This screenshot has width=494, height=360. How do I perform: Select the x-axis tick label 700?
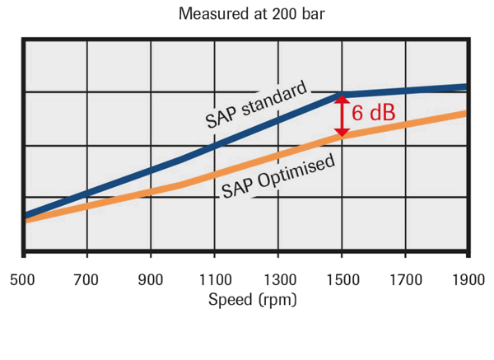(x=87, y=278)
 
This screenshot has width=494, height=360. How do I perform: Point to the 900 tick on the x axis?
(x=151, y=278)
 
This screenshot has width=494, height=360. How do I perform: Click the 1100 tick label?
(x=214, y=278)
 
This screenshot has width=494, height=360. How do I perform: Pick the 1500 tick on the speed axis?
(x=342, y=278)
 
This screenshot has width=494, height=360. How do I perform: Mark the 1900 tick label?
(x=468, y=278)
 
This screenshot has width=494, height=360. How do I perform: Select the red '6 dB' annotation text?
(x=373, y=114)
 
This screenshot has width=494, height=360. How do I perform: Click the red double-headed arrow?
(x=342, y=115)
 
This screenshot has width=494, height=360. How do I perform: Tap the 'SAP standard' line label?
(x=256, y=104)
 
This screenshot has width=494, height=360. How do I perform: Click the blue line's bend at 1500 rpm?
(x=342, y=95)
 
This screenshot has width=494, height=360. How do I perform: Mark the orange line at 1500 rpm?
(x=342, y=135)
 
